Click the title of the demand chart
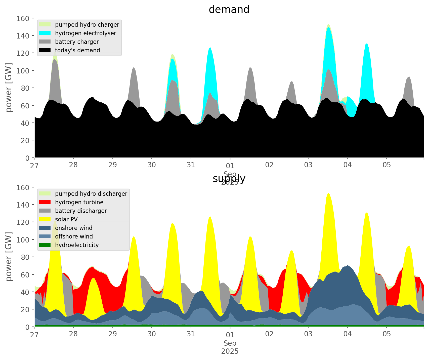coord(229,10)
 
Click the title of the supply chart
coord(229,179)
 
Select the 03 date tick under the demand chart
coord(308,165)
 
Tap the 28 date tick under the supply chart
coord(73,334)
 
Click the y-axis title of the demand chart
coord(9,88)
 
